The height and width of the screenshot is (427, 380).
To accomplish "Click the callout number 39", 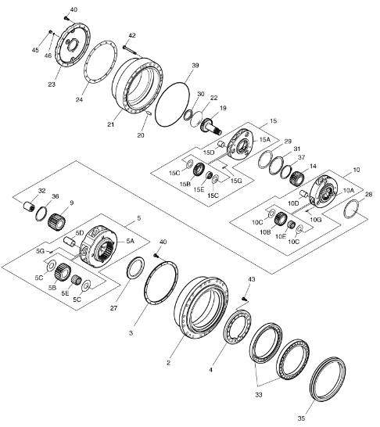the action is pyautogui.click(x=195, y=66).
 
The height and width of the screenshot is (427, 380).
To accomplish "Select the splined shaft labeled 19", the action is pyautogui.click(x=211, y=126).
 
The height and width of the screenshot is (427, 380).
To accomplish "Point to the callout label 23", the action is pyautogui.click(x=52, y=84).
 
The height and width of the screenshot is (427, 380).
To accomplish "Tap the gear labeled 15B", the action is pyautogui.click(x=199, y=170).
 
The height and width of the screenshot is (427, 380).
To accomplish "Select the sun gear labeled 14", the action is pyautogui.click(x=296, y=178).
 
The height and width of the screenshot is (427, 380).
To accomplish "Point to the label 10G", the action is pyautogui.click(x=316, y=220).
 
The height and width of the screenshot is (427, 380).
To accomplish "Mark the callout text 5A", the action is pyautogui.click(x=130, y=241).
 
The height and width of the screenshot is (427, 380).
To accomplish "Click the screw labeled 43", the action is pyautogui.click(x=245, y=299).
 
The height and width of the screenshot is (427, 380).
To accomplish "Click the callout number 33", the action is pyautogui.click(x=259, y=394).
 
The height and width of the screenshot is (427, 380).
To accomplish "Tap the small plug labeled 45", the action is pyautogui.click(x=50, y=32).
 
